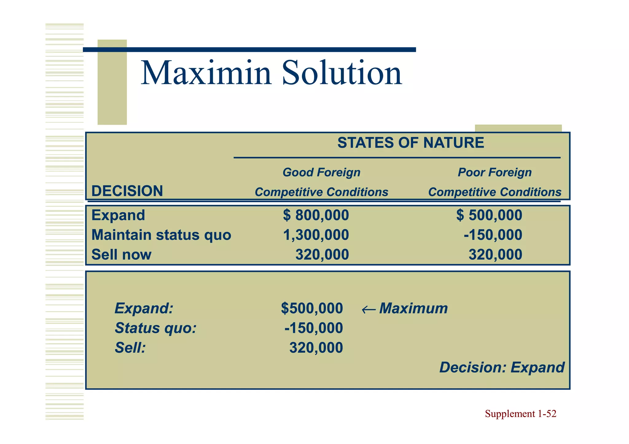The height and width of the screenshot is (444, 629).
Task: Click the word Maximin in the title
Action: point(206,73)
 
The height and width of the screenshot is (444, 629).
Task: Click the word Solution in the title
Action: point(342,73)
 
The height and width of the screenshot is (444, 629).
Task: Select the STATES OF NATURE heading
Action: point(411,143)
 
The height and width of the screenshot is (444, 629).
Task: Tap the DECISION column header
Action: point(127,191)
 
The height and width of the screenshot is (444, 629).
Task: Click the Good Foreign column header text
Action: point(321,172)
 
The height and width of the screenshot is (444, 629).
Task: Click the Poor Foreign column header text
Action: point(494,172)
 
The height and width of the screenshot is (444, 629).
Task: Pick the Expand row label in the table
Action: point(118,215)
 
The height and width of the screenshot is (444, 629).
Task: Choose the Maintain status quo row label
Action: point(161,235)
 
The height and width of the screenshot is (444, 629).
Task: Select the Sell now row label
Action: point(121,255)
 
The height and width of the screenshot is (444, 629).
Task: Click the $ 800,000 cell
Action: point(316,215)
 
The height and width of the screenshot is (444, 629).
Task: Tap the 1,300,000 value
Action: point(316,235)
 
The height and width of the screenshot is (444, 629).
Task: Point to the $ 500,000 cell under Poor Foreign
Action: point(489,215)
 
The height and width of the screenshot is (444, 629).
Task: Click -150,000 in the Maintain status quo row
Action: point(493,235)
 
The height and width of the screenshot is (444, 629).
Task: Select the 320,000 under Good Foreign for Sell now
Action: point(322,255)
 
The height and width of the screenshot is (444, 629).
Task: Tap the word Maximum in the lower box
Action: point(413,308)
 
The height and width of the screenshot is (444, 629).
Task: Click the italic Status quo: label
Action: point(155,328)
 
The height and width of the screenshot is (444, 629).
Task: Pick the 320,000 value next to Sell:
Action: point(316,348)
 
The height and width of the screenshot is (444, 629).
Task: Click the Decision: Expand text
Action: point(502,368)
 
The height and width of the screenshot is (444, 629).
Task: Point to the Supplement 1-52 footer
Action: point(520,414)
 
